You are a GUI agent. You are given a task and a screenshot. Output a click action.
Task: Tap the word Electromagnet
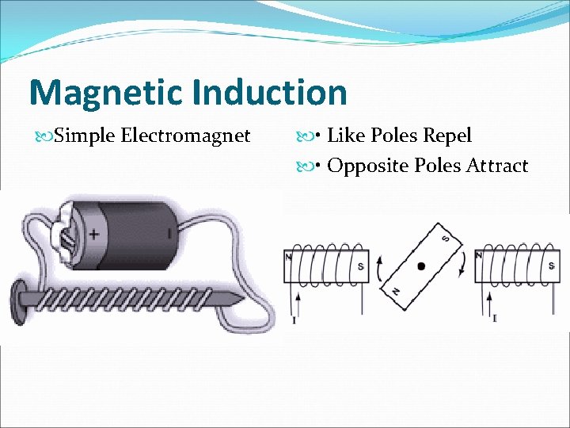tap(186, 136)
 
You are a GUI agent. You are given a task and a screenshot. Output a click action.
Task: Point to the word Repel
tap(446, 136)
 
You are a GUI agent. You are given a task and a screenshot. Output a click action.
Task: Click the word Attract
tap(496, 166)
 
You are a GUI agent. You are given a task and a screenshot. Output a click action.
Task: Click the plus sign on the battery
tap(94, 235)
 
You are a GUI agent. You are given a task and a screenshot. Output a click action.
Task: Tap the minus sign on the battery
tap(168, 234)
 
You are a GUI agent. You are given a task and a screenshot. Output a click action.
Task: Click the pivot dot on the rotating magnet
tap(421, 266)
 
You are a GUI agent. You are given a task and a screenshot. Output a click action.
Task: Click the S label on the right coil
tap(551, 266)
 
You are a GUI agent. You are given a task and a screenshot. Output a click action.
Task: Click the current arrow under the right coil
tap(492, 300)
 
